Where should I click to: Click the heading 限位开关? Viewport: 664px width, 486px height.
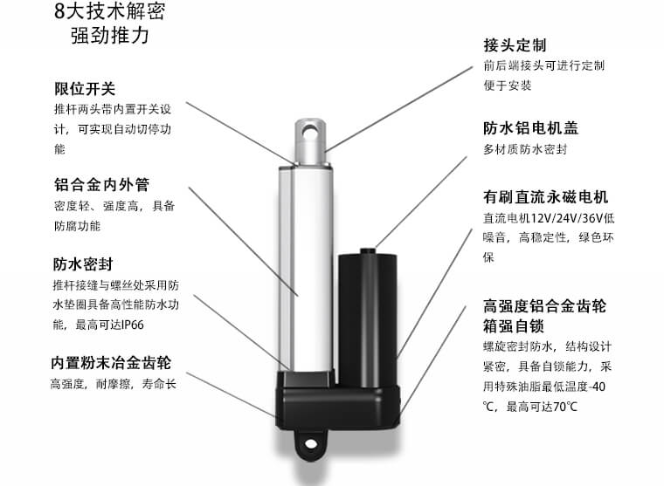tap(84, 89)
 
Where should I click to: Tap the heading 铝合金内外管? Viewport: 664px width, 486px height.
tap(101, 184)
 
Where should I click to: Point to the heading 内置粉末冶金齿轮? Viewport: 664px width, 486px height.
tap(110, 362)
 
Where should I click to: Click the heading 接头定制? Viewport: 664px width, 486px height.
tap(515, 44)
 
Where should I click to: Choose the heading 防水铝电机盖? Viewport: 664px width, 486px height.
tap(530, 127)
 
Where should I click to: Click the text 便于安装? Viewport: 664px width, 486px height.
tap(507, 86)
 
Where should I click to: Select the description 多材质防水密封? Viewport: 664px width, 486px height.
tap(525, 149)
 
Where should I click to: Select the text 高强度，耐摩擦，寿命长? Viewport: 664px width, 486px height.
tap(114, 384)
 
